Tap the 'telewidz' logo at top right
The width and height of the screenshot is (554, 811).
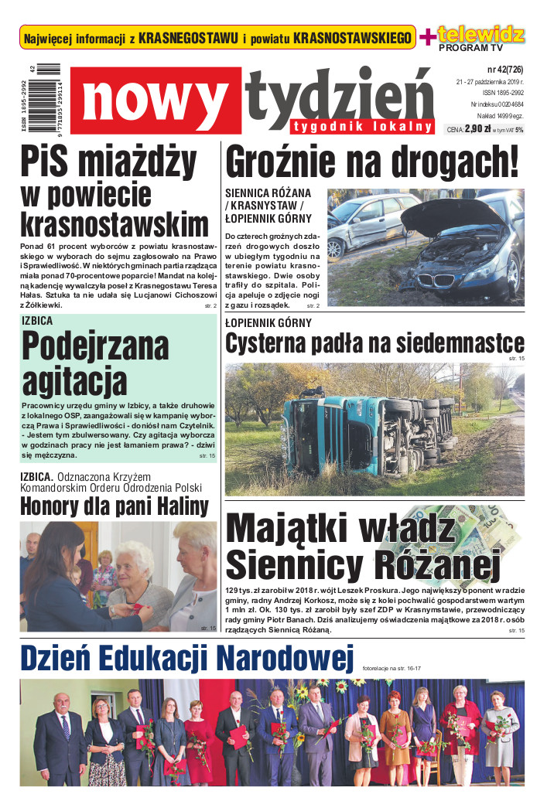pos(481,34)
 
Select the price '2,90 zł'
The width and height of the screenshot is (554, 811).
pos(480,129)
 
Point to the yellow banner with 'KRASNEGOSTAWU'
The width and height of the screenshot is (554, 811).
pos(217,37)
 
